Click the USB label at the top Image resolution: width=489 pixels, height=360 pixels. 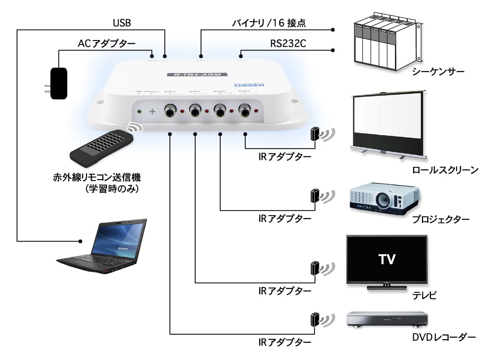click(122, 23)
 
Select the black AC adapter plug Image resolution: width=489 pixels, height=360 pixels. click(58, 83)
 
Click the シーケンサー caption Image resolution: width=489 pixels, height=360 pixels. click(438, 72)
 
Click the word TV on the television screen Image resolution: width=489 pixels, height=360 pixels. click(387, 259)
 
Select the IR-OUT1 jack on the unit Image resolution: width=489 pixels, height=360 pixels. click(170, 111)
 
